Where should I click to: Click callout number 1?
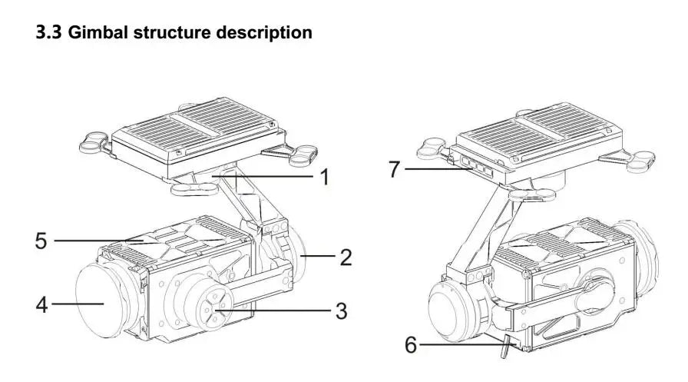(x=325, y=178)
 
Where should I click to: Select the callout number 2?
(x=346, y=257)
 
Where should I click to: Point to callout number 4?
(x=43, y=304)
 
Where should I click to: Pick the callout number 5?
(x=41, y=241)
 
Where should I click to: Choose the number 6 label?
(x=411, y=345)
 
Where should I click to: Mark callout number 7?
(x=395, y=168)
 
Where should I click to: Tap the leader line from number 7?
(x=434, y=168)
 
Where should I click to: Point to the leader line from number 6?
(x=461, y=345)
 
